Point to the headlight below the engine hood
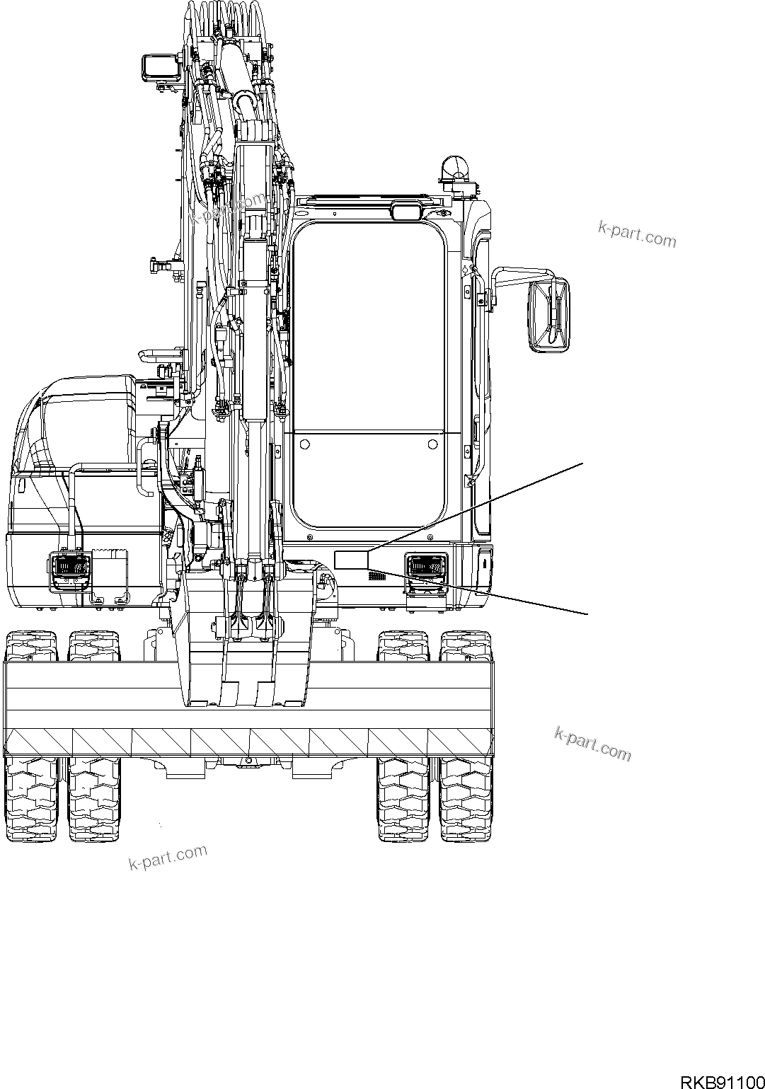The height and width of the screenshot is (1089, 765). pos(69,568)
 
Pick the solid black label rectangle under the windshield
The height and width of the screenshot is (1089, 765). pos(351,558)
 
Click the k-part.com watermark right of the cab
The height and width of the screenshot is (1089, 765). pos(637,234)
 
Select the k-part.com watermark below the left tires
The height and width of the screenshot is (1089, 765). pos(168,858)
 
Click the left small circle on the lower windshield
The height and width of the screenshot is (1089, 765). pos(305,444)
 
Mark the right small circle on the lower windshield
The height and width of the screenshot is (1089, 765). pos(432,444)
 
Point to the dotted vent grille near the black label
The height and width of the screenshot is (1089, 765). pos(376,576)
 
